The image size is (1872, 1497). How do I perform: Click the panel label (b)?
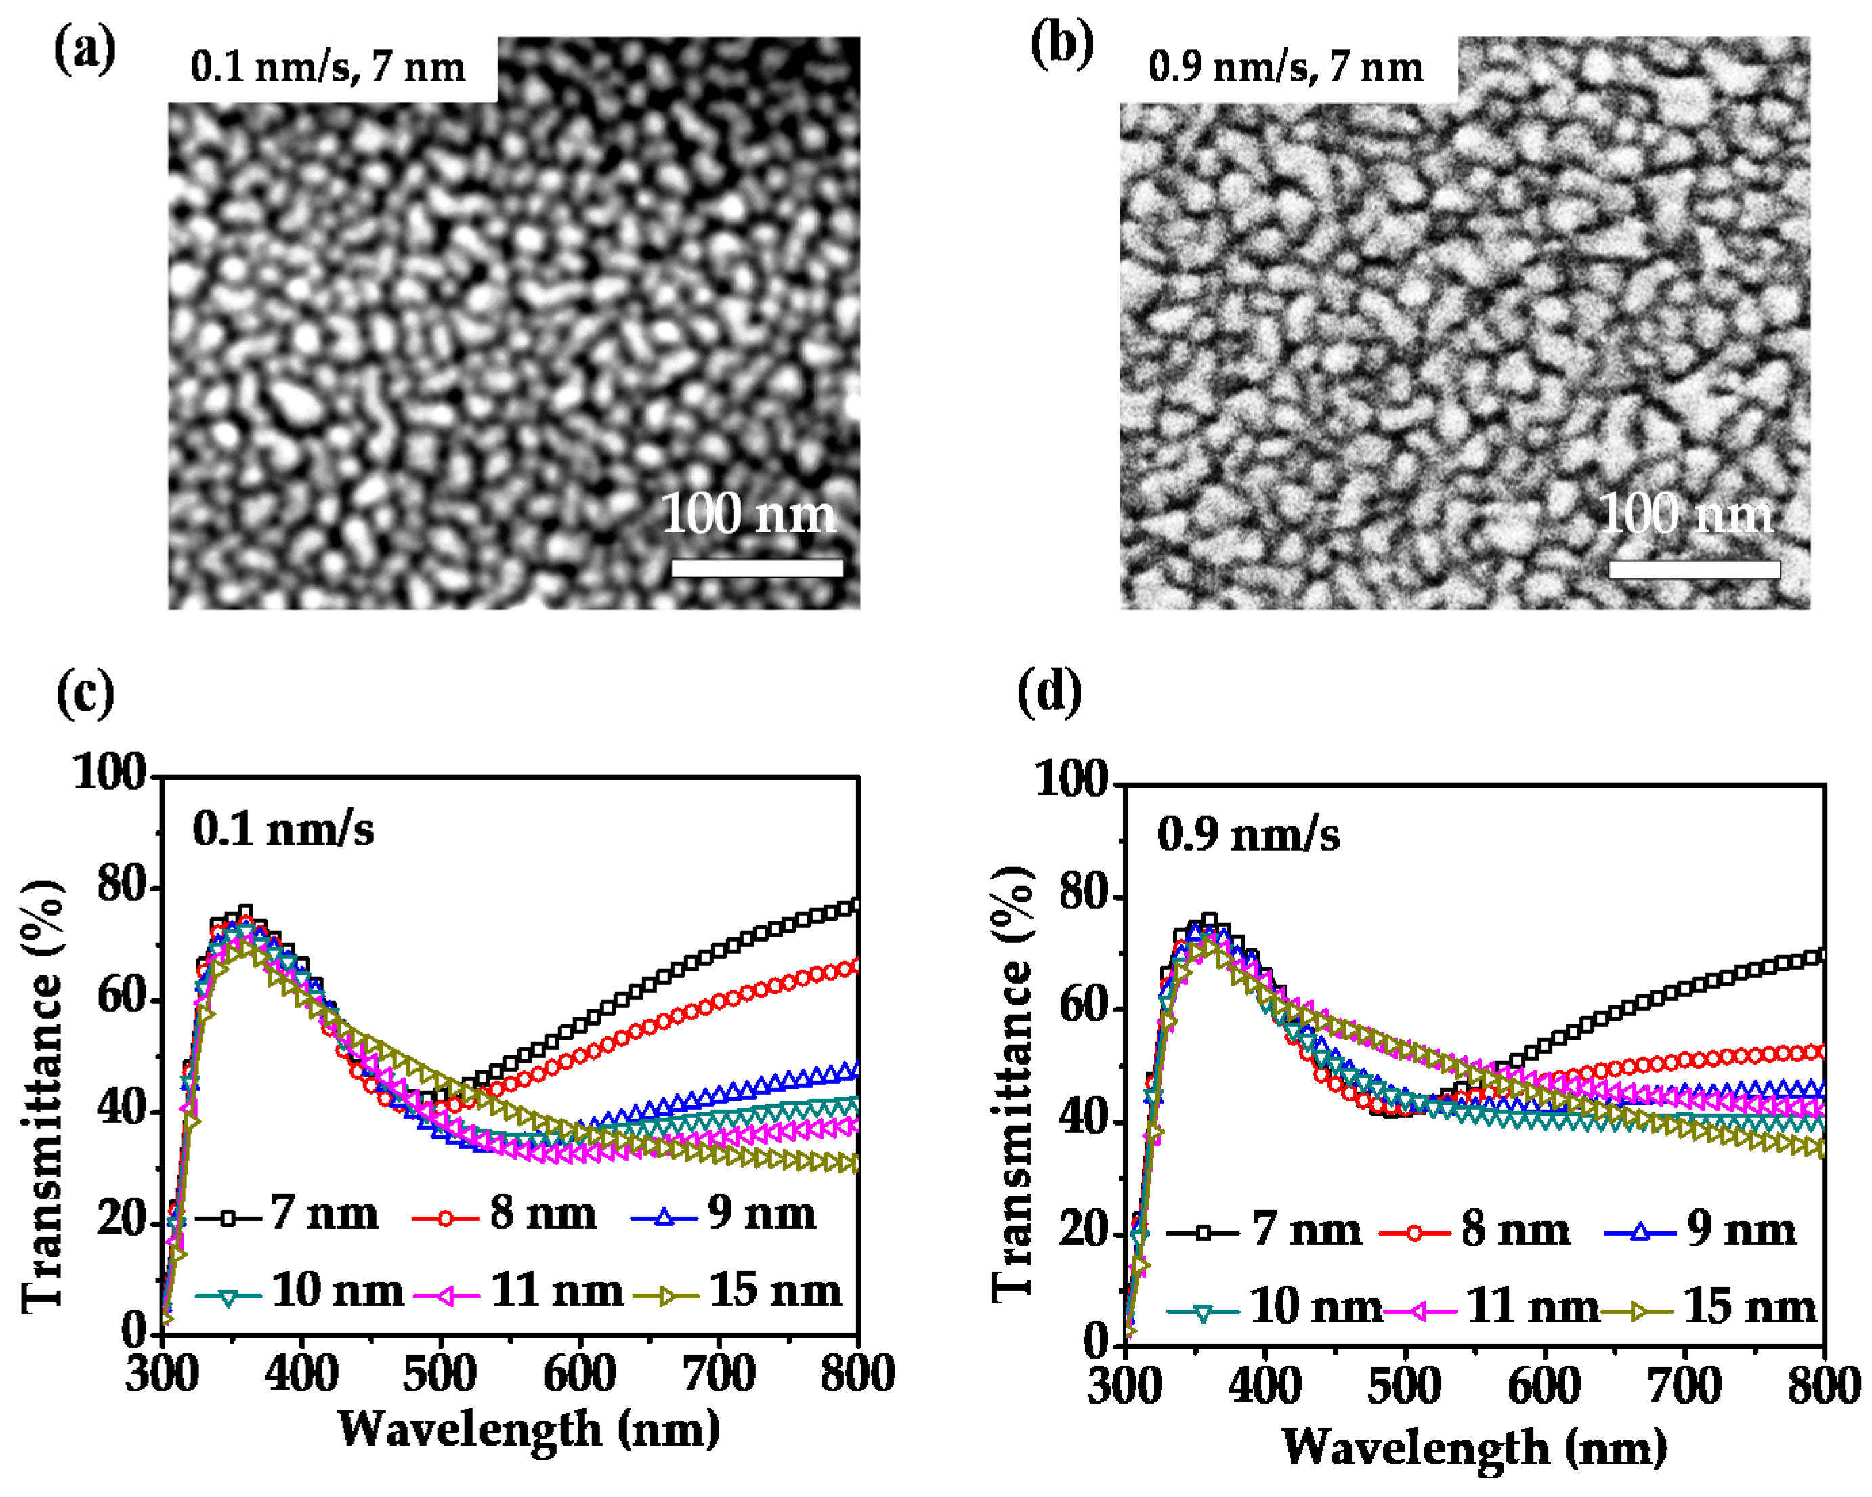point(1061,45)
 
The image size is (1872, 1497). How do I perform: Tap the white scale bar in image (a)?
point(757,568)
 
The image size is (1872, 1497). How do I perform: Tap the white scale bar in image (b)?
point(1694,570)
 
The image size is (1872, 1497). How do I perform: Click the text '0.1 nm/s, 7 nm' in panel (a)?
point(328,68)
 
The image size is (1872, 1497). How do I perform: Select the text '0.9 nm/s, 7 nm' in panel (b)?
point(1285,68)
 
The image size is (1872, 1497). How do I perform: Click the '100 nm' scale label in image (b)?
point(1685,514)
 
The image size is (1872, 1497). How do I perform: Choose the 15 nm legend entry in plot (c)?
point(738,1291)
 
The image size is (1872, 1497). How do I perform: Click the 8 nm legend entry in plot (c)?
point(505,1214)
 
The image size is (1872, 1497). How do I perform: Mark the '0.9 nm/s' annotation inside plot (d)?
point(1248,835)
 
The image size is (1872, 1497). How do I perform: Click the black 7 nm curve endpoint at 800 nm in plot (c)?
point(854,906)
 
